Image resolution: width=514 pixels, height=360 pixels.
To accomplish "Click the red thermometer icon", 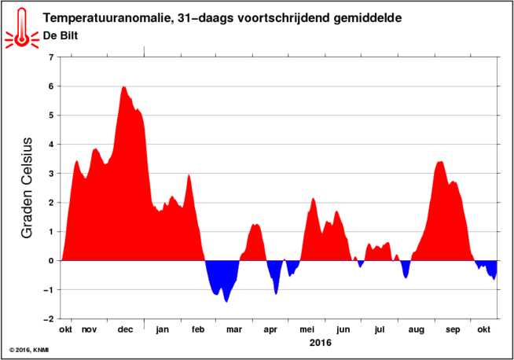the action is coord(22,29).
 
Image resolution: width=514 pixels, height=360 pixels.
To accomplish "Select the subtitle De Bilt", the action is coord(61,35).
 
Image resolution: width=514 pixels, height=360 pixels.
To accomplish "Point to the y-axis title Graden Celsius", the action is coord(27,188).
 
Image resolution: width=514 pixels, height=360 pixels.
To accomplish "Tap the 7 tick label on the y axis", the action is coord(51,57).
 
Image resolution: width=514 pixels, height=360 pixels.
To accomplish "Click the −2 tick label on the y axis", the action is coord(49,319).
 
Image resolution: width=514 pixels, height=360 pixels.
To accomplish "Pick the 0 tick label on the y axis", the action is coord(51,261).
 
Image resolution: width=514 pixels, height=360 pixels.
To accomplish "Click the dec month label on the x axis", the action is coord(125,329).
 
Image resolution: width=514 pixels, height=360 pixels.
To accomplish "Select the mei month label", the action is coord(307,329).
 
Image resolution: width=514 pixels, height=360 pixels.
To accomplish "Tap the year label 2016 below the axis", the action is coord(320,343).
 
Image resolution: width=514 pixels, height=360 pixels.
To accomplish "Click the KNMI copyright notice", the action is coord(29,351).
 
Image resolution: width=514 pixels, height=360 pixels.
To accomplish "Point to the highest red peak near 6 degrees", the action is coord(123,87).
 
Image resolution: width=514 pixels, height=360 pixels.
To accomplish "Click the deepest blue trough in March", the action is coord(226,301).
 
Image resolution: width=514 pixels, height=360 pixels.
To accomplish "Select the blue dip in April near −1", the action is coord(276,293).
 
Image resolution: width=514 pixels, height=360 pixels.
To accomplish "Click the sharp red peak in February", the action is coord(189,175).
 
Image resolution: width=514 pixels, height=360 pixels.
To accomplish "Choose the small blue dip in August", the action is coord(406,277).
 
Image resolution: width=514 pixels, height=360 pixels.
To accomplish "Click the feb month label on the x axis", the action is coord(198,329).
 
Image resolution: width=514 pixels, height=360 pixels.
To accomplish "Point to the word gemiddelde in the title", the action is coord(368,18).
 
